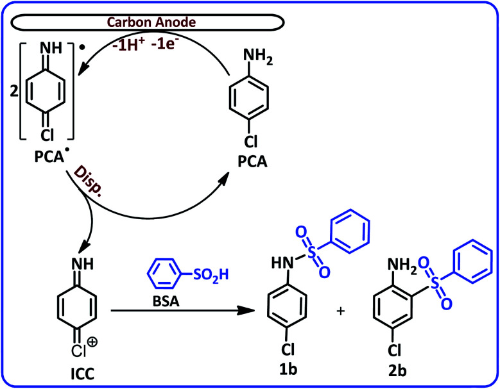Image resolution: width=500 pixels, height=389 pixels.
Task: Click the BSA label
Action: pos(166,298)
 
